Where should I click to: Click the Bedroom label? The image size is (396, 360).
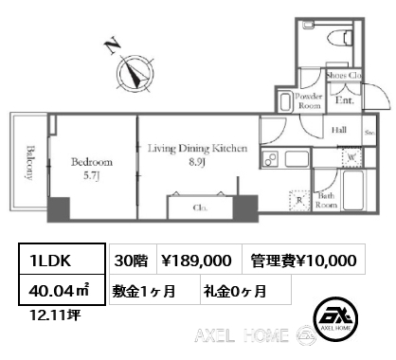(x=92, y=167)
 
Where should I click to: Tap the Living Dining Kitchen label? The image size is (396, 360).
(x=197, y=154)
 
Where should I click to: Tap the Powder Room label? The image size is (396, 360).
(x=311, y=101)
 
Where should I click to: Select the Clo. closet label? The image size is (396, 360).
(x=201, y=207)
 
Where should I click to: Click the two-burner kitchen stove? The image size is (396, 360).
(x=269, y=157)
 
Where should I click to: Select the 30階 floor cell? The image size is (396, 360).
(x=129, y=260)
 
